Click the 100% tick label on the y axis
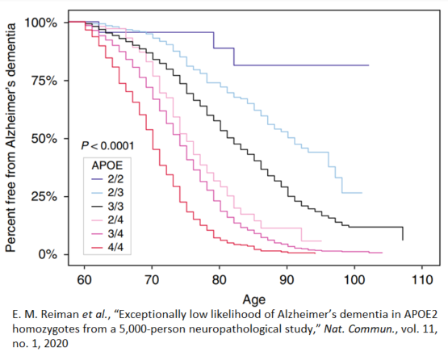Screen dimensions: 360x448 click(x=40, y=23)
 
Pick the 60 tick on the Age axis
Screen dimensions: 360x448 click(x=82, y=279)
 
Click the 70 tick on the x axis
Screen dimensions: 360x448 click(x=151, y=279)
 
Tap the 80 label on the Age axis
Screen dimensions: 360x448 click(x=219, y=279)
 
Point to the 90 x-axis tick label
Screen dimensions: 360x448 click(x=287, y=279)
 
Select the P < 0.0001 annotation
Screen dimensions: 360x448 click(x=107, y=145)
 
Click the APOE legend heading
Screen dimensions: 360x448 click(x=107, y=165)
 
